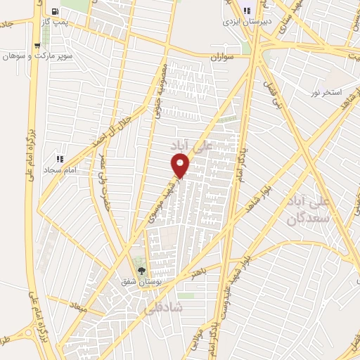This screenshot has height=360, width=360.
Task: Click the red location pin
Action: pos(181,166)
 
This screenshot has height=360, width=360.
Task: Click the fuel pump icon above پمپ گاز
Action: pos(56,12)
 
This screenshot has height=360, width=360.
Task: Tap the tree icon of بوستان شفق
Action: pos(141,271)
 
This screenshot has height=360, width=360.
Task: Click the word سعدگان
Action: pos(307,219)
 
